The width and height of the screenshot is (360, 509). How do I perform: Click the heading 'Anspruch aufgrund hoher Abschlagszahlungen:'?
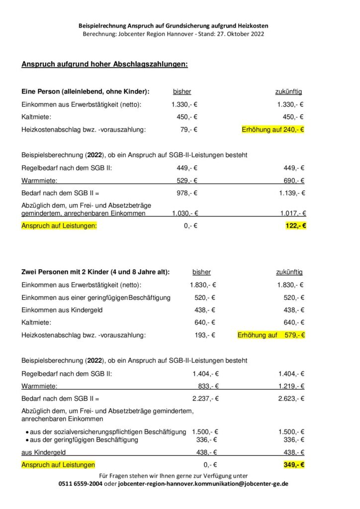(104, 65)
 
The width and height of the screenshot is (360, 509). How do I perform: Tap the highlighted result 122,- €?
(296, 226)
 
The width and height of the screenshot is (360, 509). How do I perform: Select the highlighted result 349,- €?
(295, 465)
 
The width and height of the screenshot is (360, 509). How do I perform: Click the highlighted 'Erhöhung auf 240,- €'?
(272, 130)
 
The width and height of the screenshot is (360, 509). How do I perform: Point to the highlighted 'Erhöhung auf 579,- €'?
(271, 335)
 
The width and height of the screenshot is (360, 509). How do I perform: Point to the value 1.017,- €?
(293, 213)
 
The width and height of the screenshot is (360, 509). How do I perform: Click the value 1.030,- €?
(185, 213)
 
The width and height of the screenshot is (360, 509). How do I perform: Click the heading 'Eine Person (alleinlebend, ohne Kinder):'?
(86, 91)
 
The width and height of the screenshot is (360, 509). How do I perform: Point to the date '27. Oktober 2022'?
(237, 34)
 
